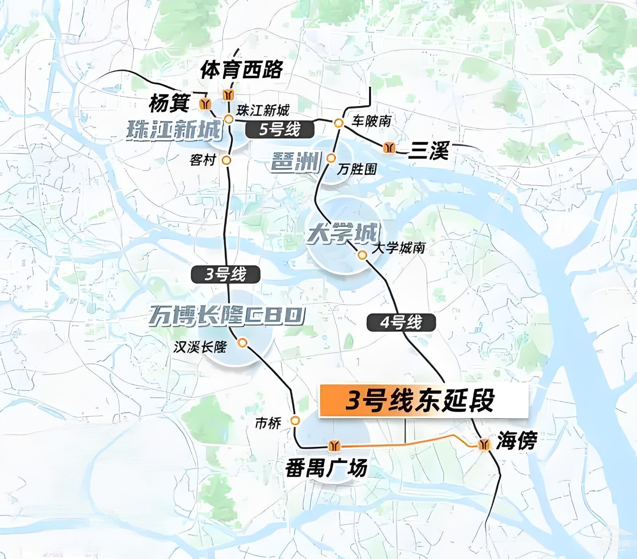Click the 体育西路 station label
point(242,70)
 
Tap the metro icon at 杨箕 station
point(205,104)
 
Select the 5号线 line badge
point(280,129)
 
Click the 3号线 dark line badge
point(226,275)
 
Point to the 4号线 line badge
point(401,322)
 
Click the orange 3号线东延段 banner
point(423,401)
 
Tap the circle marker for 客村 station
point(227,160)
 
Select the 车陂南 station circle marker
point(338,123)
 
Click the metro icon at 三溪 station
point(389,148)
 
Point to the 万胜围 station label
point(357,169)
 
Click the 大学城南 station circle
point(362,255)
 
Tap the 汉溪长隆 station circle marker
point(242,343)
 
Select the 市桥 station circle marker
point(295,420)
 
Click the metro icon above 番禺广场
point(334,446)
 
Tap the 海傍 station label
point(517,441)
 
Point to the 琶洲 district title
point(296,162)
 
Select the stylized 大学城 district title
point(343,233)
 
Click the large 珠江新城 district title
point(174,130)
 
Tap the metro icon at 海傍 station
point(484,444)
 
